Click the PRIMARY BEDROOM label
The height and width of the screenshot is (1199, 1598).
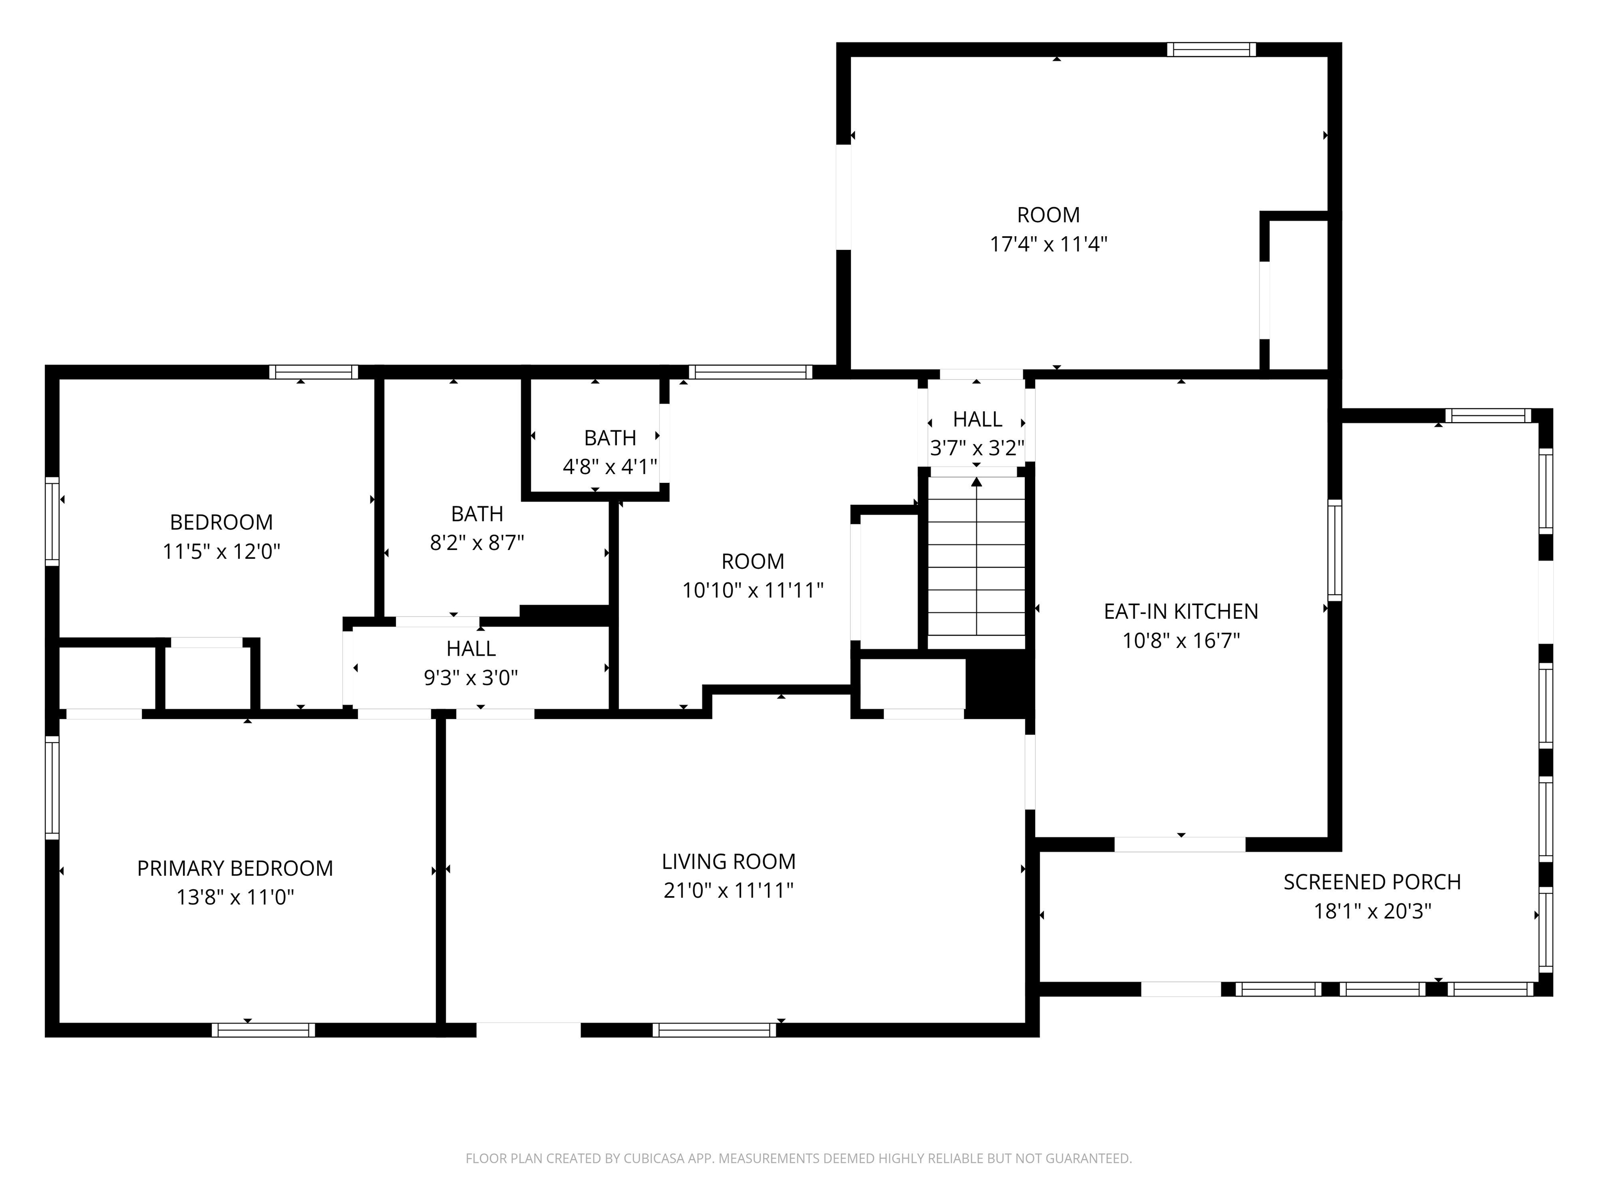[x=235, y=868]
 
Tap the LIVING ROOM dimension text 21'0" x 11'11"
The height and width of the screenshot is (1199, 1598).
[x=728, y=890]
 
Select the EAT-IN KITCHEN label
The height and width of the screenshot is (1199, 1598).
[x=1180, y=611]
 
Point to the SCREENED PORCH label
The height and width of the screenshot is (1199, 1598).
[x=1372, y=882]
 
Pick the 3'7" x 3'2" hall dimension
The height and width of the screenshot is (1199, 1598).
[x=977, y=449]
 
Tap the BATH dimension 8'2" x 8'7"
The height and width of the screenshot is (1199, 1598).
[x=477, y=543]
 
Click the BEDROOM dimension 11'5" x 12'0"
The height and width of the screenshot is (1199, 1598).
[x=221, y=552]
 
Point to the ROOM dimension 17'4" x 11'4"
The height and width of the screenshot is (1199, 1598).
[x=1048, y=244]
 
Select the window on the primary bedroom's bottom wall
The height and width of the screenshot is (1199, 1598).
[x=263, y=1030]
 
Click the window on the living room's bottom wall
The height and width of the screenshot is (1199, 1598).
[x=714, y=1030]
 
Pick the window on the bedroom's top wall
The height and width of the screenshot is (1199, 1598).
[x=314, y=372]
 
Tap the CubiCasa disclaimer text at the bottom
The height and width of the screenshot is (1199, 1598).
[x=798, y=1158]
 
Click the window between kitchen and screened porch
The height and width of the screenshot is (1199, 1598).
[x=1334, y=550]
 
